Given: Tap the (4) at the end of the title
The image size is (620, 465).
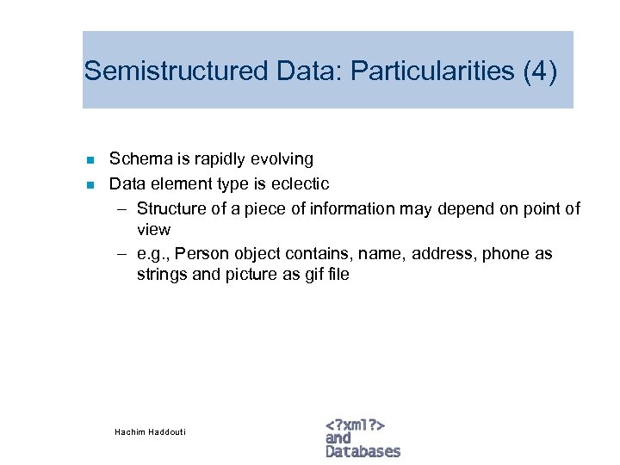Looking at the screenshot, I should [x=540, y=71].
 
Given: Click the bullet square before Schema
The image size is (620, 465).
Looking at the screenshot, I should [x=90, y=159].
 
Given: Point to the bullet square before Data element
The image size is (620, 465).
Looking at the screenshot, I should [x=90, y=184].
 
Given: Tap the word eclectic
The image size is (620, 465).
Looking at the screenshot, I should [x=301, y=183].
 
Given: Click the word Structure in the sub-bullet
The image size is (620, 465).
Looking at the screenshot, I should [x=170, y=208].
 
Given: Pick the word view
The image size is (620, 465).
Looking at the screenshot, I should [x=153, y=230].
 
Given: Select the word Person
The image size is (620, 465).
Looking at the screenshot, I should [x=201, y=254].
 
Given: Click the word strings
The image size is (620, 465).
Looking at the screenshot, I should [x=161, y=276].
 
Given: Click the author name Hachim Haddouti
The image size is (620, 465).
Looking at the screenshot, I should [x=150, y=431].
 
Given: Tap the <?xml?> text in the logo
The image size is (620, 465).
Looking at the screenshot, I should [x=355, y=425].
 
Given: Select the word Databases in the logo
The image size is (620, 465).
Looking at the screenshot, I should [x=363, y=451].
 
